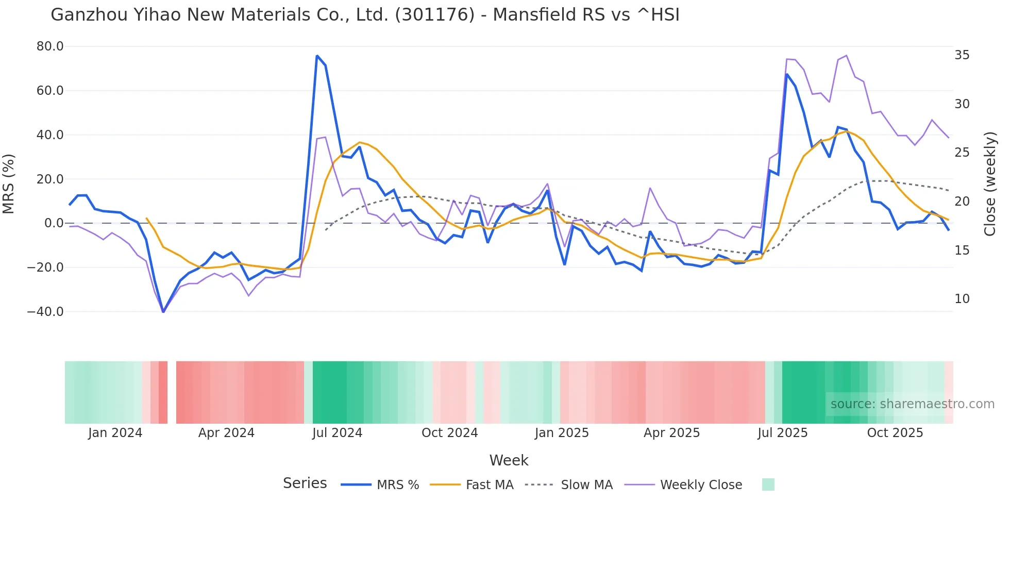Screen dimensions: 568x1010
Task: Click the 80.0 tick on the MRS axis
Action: [x=49, y=46]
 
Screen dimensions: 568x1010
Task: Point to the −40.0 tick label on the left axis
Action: [x=45, y=311]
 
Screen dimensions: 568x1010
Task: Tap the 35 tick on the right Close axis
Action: [x=962, y=55]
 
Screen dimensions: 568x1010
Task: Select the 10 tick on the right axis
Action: [x=962, y=299]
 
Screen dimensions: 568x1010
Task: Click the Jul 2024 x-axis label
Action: [x=337, y=433]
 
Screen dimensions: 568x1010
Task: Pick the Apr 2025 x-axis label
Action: [x=671, y=433]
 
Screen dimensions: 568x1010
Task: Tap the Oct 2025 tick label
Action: [x=895, y=433]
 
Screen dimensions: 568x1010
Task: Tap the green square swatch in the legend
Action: [x=768, y=485]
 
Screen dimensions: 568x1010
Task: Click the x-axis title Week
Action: [x=509, y=460]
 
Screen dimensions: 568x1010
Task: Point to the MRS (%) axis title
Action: [x=9, y=183]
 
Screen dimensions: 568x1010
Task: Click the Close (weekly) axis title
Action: [x=989, y=183]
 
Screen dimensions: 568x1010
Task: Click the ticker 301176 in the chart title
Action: [x=434, y=14]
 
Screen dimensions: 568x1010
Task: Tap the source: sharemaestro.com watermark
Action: [x=912, y=404]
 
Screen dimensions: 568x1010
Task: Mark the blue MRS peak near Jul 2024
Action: [x=317, y=56]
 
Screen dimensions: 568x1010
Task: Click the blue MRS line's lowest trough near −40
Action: [x=163, y=311]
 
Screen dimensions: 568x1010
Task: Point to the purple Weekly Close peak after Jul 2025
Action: [x=846, y=56]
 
